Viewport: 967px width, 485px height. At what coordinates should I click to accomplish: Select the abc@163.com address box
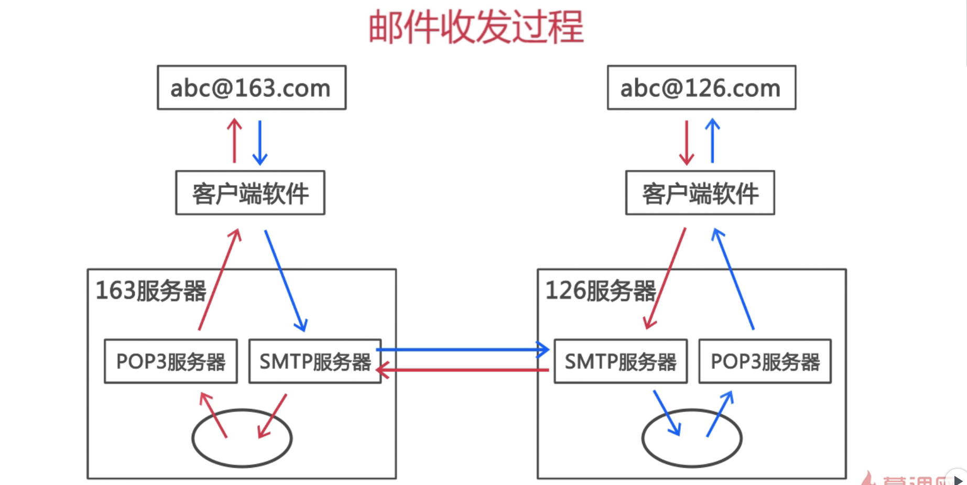pos(252,88)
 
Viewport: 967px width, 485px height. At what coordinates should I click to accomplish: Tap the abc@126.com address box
pos(701,88)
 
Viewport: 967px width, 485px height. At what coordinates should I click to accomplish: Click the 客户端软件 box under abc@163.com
pos(250,193)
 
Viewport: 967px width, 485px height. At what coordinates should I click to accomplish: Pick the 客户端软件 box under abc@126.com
pos(700,193)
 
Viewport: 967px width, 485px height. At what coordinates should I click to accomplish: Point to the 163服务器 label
pos(151,291)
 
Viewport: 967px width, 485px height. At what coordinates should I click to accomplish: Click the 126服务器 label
pos(601,291)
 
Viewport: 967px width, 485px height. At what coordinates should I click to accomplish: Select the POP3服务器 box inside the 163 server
pos(171,362)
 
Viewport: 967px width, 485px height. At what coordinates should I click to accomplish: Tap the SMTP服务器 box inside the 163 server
pos(314,362)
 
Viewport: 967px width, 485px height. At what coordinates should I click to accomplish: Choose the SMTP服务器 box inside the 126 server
pos(621,362)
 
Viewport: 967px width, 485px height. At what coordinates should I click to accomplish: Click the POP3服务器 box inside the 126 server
pos(765,362)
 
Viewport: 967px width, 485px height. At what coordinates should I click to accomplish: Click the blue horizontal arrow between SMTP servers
pos(461,349)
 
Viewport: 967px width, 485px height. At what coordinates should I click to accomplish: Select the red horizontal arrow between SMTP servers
pos(461,370)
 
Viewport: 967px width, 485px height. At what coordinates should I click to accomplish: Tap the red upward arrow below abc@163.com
pos(234,141)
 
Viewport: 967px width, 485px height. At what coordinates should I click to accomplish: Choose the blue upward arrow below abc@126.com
pos(712,141)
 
